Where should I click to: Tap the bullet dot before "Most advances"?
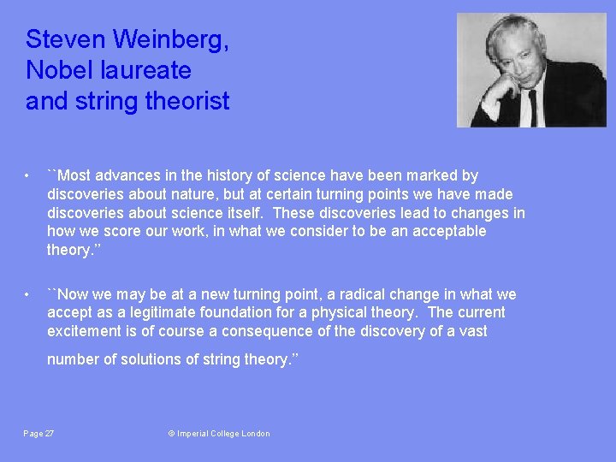click(29, 176)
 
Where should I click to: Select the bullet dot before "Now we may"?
click(29, 295)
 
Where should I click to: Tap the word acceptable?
click(450, 231)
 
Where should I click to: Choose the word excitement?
click(86, 331)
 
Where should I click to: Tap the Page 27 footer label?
click(38, 434)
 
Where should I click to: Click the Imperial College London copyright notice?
click(219, 434)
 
